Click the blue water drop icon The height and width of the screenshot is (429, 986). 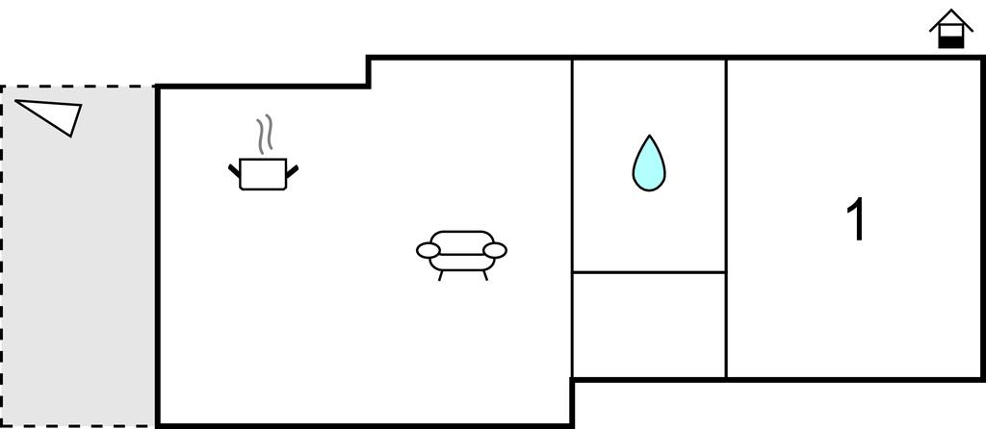[x=648, y=164]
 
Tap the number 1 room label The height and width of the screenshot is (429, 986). [x=856, y=219]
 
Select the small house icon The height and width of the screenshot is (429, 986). [x=950, y=29]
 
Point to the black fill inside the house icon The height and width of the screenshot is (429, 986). [x=950, y=42]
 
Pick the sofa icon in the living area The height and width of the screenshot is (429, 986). [x=461, y=254]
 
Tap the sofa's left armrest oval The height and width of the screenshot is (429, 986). [x=428, y=251]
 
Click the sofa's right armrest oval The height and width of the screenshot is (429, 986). [x=495, y=251]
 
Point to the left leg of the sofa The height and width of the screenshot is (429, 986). [x=440, y=276]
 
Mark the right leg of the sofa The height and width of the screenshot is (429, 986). [x=485, y=276]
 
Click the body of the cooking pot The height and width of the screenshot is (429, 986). [x=263, y=174]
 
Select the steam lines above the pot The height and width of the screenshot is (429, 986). [x=265, y=134]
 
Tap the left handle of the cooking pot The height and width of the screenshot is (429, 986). [x=234, y=169]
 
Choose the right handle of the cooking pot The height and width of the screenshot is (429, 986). [x=292, y=169]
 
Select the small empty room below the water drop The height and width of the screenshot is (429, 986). [x=649, y=325]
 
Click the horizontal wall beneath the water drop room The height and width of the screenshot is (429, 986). [x=649, y=272]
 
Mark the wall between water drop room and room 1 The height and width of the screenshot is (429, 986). [x=726, y=218]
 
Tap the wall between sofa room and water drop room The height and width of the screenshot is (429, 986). [x=572, y=218]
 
